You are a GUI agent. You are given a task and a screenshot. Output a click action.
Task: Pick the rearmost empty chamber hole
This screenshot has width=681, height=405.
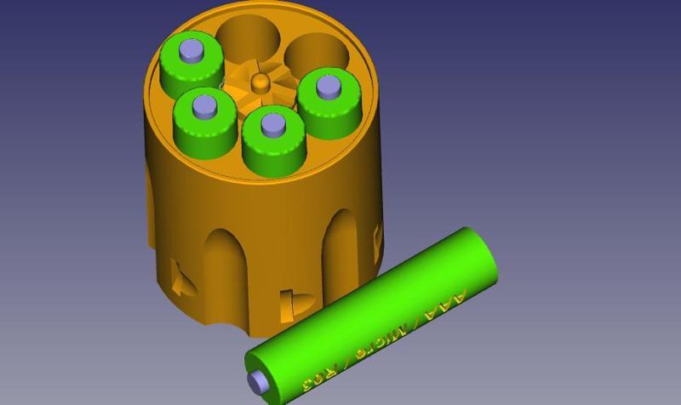point(249,38)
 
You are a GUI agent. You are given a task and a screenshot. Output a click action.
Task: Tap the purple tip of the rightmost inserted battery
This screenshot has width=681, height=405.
point(328,85)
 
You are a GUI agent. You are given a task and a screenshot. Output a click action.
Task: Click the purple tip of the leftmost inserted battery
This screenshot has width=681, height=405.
point(192,50)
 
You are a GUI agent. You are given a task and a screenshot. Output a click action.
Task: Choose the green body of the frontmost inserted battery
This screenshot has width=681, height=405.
point(273,151)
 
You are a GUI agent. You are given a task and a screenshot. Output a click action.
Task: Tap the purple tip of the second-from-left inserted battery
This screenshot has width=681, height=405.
point(204,106)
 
